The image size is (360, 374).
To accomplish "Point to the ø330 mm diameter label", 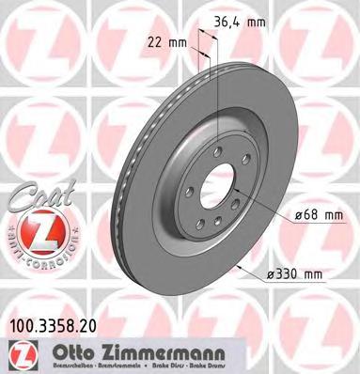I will click(296, 273).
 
